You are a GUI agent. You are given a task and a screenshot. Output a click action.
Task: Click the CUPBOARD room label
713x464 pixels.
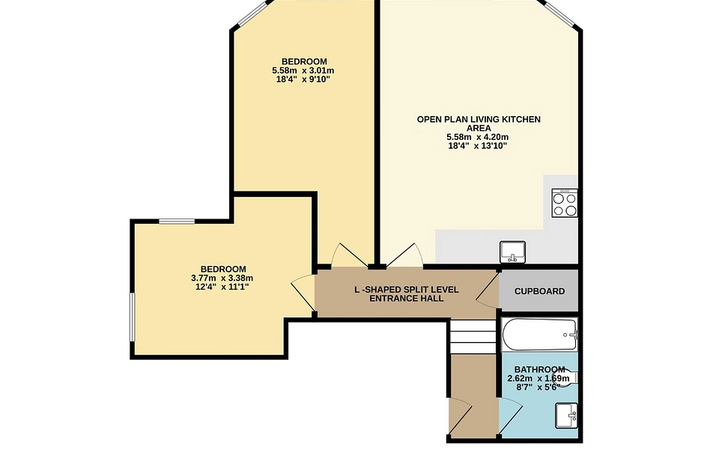coord(539,291)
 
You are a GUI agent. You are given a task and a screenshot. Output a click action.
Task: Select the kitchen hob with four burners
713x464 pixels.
coord(565,203)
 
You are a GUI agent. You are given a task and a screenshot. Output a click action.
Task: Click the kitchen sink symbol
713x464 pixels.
coord(512,252)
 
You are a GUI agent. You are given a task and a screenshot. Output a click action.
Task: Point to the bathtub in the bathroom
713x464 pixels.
coord(540,335)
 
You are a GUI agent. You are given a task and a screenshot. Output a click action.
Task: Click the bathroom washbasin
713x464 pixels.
coord(566,415)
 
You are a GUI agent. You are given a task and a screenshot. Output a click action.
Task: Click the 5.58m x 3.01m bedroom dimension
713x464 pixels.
coord(303,70)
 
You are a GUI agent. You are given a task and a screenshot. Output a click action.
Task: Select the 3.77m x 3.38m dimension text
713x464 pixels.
coord(222,278)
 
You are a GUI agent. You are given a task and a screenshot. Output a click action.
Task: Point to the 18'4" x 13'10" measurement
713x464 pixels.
coord(478,146)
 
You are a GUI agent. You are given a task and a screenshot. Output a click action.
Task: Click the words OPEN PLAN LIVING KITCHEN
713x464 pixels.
coord(479,120)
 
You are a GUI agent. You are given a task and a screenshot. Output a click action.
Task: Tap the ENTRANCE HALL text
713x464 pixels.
coord(407,299)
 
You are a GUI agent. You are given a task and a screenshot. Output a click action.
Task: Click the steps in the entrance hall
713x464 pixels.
coord(473,337)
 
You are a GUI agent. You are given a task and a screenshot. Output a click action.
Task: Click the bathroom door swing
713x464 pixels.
coord(510,415)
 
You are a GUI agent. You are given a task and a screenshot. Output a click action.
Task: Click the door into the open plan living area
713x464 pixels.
coord(404,255)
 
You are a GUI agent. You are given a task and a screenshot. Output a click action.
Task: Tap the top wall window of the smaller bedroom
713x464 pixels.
coord(177,222)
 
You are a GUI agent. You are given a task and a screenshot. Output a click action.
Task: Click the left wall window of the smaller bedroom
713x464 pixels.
coord(133,317)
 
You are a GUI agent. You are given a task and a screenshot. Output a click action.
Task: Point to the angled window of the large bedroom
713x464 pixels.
coord(252,12)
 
